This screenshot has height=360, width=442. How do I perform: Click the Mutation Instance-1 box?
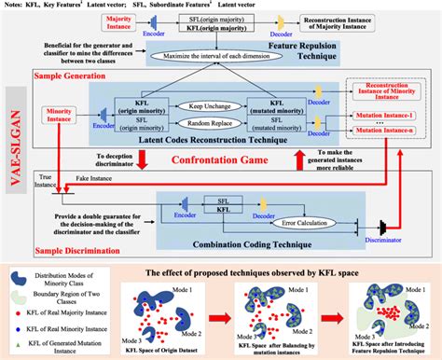coord(391,132)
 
